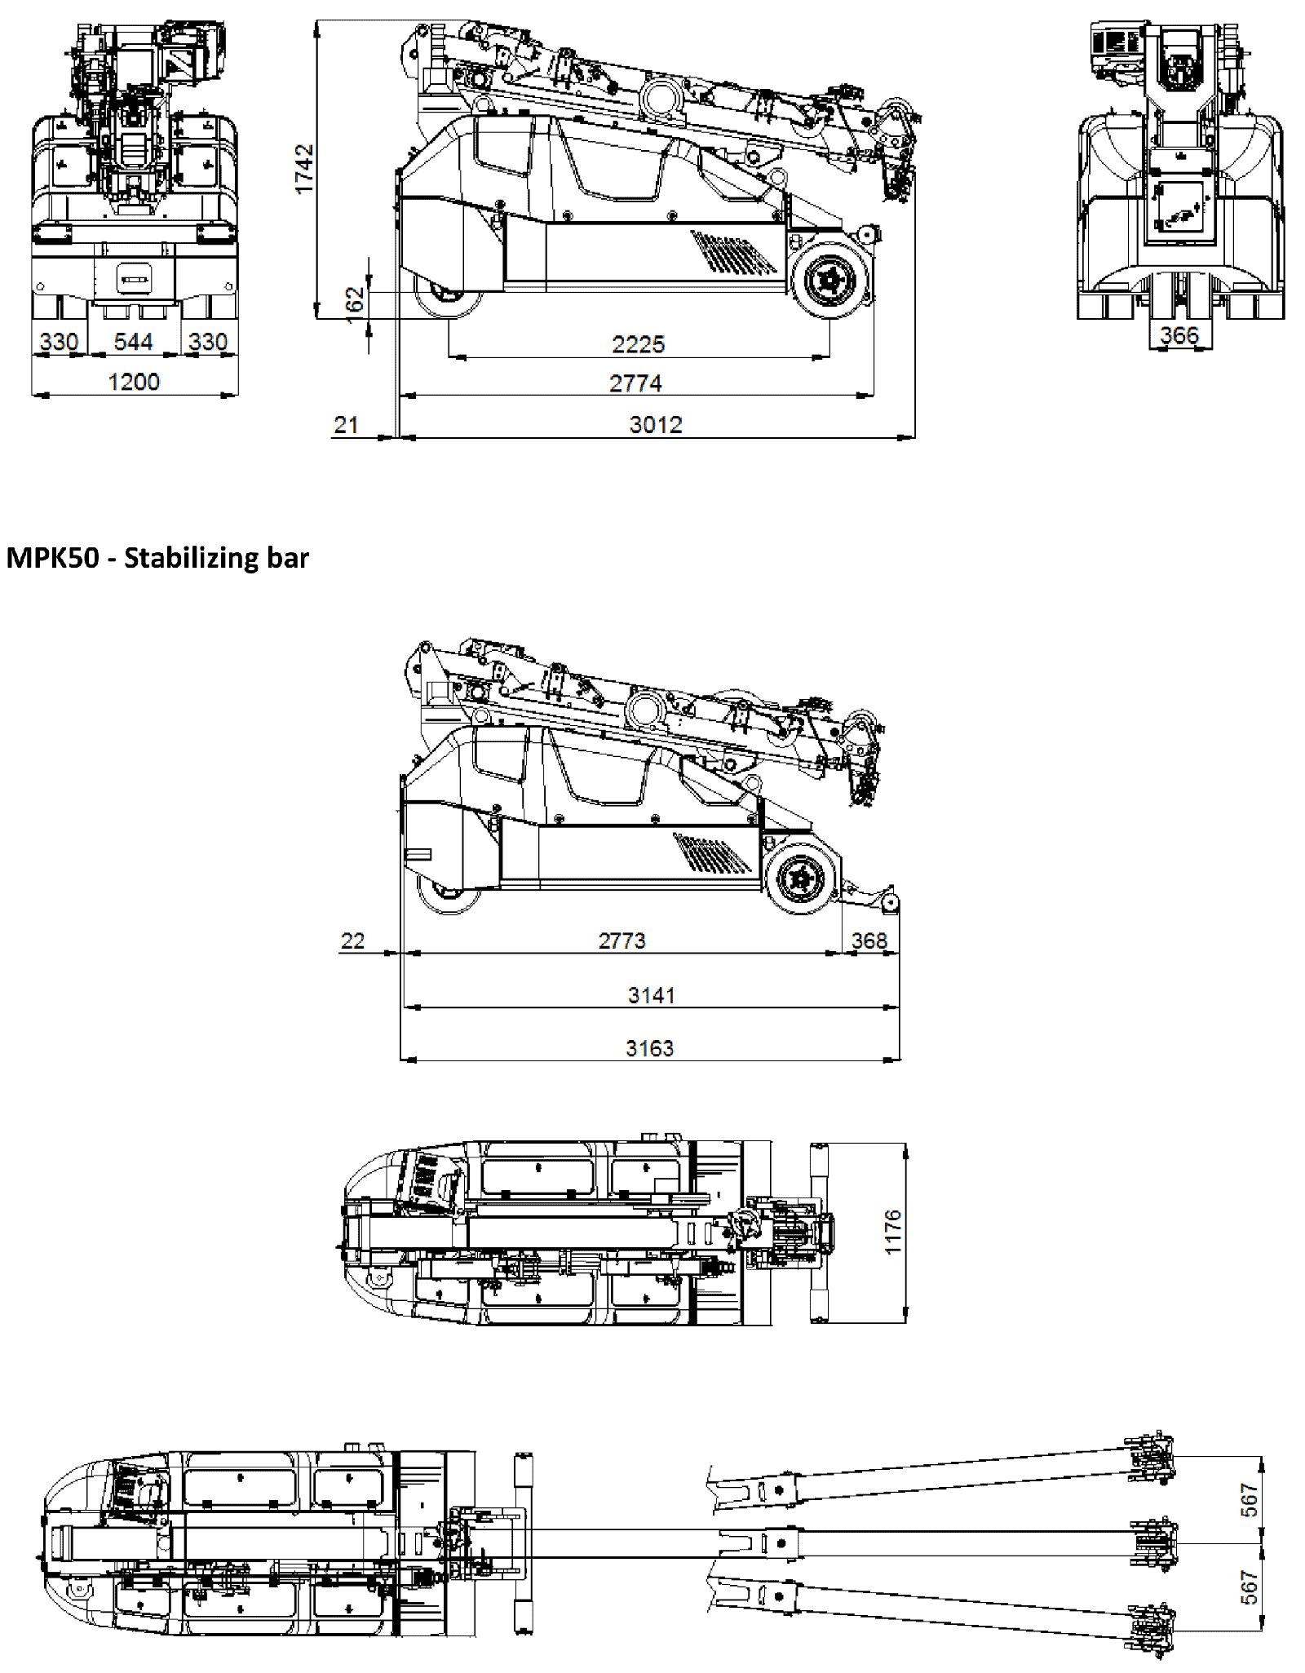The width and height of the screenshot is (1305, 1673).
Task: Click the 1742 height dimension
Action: pos(304,168)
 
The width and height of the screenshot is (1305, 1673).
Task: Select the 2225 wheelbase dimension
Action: pos(638,343)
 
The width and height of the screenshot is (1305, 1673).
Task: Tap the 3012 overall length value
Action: pos(655,424)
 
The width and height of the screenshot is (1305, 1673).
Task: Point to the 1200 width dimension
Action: pos(134,382)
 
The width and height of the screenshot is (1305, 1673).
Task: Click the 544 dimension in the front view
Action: pos(133,341)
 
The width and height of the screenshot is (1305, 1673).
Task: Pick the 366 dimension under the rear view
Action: pos(1179,334)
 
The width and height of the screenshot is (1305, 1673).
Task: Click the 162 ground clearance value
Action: pos(355,303)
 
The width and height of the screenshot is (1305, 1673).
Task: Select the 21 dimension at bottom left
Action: pos(346,424)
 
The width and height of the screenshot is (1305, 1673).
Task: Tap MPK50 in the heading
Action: pos(51,558)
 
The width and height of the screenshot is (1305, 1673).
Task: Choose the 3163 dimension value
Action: pos(649,1047)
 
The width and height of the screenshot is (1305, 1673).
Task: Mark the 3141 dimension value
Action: pos(651,994)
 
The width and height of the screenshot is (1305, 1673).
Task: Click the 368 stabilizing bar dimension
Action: pos(869,941)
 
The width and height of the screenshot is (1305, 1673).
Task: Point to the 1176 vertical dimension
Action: pos(893,1232)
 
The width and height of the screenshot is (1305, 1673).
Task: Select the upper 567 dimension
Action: pos(1250,1499)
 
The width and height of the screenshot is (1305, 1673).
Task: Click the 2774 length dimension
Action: pos(635,383)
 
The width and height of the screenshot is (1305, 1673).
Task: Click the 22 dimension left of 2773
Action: pos(352,941)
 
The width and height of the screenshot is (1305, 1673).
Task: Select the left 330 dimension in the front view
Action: pos(59,341)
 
